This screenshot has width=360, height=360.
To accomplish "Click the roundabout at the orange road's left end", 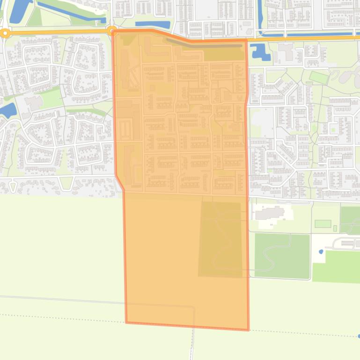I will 5,33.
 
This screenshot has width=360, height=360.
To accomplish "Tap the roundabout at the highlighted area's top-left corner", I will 112,31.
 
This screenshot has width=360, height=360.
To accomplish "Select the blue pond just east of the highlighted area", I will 257,51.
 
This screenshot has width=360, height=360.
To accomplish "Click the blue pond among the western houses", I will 8,110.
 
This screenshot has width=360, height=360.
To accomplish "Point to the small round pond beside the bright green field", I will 321,252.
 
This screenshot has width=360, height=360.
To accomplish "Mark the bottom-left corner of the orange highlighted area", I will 126,322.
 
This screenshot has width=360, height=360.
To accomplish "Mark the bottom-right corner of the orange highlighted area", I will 248,329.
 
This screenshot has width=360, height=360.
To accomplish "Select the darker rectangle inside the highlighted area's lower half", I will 221,238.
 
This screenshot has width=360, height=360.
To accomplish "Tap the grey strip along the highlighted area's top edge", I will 206,44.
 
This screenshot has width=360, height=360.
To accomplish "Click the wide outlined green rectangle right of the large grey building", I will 323,223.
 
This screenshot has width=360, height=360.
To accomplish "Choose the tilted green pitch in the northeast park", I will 319,77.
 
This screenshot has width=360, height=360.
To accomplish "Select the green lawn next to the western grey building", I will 51,97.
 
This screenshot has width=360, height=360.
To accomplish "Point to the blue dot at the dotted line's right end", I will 358,336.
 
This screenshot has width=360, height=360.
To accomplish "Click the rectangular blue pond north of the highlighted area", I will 153,24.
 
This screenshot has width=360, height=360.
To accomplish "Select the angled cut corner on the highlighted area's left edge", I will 120,182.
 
